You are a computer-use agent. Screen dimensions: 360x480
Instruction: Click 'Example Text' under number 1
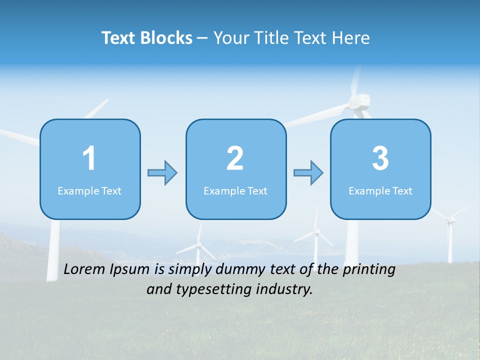point(89,191)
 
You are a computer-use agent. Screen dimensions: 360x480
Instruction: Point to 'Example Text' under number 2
point(235,191)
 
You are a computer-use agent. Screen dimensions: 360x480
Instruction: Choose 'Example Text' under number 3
point(380,191)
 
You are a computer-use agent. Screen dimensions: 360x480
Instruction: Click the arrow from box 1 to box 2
point(162,173)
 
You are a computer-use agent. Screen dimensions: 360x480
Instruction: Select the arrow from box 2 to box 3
point(308,173)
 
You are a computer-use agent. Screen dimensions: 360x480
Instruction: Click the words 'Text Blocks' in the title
point(147,38)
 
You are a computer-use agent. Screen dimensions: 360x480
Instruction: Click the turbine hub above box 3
point(359,102)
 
